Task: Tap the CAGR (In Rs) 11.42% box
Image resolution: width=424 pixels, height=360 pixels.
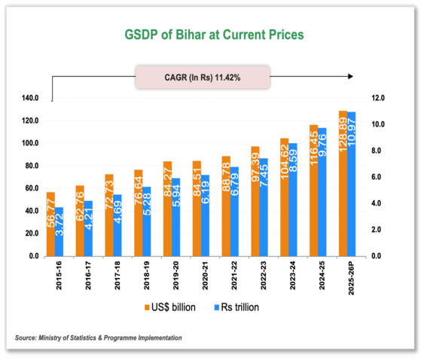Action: [x=202, y=77]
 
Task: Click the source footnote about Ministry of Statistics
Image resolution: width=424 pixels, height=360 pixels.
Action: [x=98, y=338]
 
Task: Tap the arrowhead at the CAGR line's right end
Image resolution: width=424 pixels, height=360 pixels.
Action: [x=352, y=77]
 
